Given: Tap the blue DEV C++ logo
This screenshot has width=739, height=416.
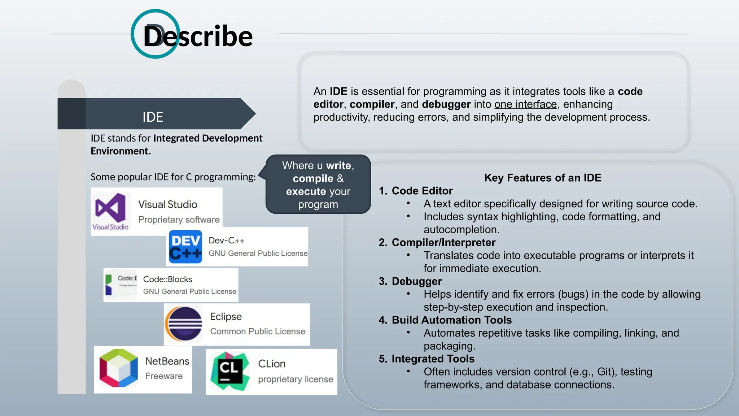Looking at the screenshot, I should click(185, 247).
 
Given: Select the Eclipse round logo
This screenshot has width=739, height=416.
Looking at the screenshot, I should click(184, 324).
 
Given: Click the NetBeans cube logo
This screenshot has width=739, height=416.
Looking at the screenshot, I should click(118, 368).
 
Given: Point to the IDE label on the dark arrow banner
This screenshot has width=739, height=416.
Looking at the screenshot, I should click(153, 117).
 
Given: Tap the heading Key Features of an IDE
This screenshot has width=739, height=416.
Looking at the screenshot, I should click(542, 178).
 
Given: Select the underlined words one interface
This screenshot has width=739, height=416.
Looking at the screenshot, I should click(525, 104).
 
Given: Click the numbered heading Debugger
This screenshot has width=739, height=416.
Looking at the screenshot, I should click(416, 281).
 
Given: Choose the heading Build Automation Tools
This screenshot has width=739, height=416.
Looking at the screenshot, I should click(451, 320).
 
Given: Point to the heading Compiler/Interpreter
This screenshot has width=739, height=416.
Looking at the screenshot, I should click(443, 242).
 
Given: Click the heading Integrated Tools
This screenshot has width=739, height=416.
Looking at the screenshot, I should click(433, 359).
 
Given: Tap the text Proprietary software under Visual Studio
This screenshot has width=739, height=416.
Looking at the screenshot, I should click(179, 220).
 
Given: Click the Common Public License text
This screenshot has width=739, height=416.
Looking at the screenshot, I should click(258, 331).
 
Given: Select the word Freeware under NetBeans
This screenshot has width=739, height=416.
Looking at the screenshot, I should click(164, 376).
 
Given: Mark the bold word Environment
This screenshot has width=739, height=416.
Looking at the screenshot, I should click(121, 151).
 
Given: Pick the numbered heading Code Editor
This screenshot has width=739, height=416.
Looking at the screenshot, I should click(422, 191).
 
